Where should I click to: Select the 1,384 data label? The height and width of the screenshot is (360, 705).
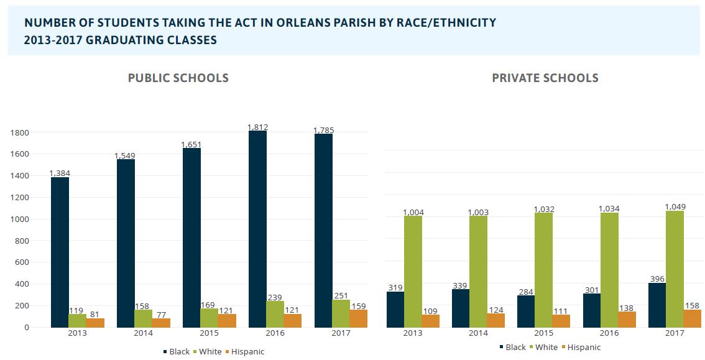coord(60,173)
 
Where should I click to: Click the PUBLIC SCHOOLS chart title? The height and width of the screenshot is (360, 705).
coord(178,78)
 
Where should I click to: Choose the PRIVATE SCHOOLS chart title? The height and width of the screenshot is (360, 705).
coord(545,78)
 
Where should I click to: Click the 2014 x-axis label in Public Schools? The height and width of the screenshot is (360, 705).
coord(143,333)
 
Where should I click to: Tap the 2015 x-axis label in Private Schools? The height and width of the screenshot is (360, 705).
coord(544,333)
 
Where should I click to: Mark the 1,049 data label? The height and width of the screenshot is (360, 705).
coord(675,206)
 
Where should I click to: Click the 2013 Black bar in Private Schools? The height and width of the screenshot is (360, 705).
coord(395,309)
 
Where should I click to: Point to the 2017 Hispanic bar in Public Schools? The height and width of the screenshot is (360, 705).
coord(358,318)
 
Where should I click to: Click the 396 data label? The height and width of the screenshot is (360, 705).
coord(657,279)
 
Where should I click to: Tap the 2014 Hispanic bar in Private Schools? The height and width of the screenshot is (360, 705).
coord(495,320)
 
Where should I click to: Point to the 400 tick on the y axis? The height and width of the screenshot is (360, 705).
coord(22,284)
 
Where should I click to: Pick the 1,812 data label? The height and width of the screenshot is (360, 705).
coord(257,127)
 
